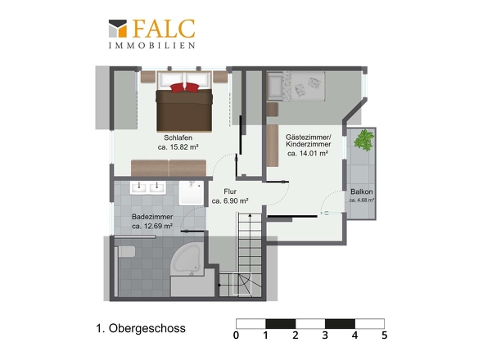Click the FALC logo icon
click(x=118, y=29)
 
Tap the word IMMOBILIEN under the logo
click(x=152, y=46)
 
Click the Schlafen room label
click(x=178, y=137)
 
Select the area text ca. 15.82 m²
click(x=178, y=147)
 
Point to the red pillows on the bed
click(x=184, y=88)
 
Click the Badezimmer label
click(x=152, y=217)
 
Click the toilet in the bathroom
click(x=127, y=252)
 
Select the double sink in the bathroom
click(x=148, y=187)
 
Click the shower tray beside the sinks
click(x=192, y=193)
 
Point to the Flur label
click(x=230, y=191)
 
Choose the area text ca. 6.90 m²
click(x=230, y=201)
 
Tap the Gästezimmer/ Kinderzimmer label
click(x=308, y=141)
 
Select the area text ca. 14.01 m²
click(x=308, y=153)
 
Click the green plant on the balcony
click(x=363, y=140)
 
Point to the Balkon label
click(x=362, y=191)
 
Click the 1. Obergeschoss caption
click(x=141, y=329)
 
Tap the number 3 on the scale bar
click(x=325, y=335)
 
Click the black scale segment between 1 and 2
click(x=281, y=324)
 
